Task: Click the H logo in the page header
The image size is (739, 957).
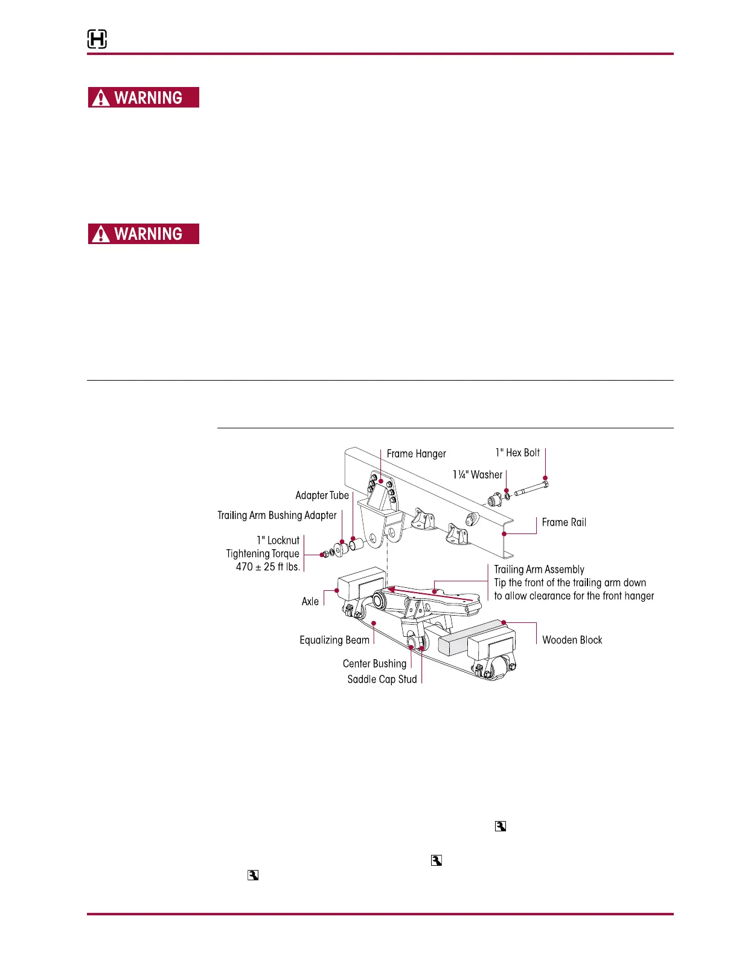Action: [x=97, y=40]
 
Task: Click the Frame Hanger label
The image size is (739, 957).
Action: [x=416, y=454]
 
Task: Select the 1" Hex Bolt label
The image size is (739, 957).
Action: [x=517, y=453]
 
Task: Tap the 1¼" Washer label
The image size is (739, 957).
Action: [x=478, y=475]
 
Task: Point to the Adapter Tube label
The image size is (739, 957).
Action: [x=322, y=495]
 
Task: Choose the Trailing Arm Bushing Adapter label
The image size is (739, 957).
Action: [x=277, y=515]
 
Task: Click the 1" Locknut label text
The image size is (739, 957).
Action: [x=278, y=541]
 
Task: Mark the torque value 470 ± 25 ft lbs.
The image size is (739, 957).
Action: [x=267, y=567]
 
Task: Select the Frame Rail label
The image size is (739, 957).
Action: [x=564, y=523]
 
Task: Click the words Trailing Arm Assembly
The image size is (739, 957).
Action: [x=539, y=570]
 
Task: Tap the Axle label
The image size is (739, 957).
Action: [x=310, y=602]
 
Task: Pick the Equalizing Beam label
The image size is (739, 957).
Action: [x=334, y=640]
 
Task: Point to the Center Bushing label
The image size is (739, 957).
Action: [x=374, y=664]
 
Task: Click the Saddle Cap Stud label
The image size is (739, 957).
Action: [x=382, y=680]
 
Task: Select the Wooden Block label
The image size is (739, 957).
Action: [x=572, y=640]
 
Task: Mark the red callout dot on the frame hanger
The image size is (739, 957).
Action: [x=381, y=481]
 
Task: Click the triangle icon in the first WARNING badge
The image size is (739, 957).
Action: [x=101, y=98]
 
